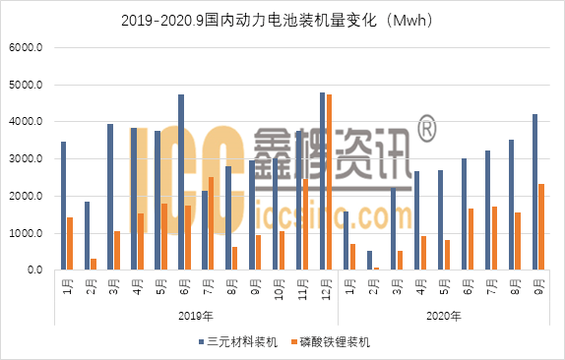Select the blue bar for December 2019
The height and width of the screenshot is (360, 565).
click(x=322, y=181)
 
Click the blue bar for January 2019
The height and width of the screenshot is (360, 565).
click(x=63, y=206)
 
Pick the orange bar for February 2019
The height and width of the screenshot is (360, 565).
click(x=94, y=264)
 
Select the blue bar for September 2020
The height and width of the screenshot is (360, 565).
click(x=534, y=192)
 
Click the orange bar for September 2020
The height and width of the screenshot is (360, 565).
click(x=541, y=227)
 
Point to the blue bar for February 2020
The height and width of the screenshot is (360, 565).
click(x=369, y=260)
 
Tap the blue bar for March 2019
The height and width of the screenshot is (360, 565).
click(x=110, y=197)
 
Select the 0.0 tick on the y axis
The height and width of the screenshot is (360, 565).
click(x=35, y=270)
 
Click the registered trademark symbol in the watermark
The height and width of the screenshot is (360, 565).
click(x=425, y=128)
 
